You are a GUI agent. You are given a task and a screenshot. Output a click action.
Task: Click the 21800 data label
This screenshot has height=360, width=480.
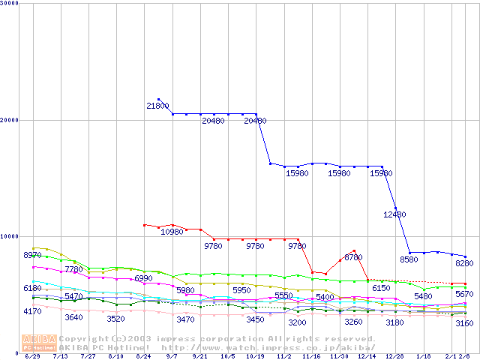pyautogui.click(x=157, y=106)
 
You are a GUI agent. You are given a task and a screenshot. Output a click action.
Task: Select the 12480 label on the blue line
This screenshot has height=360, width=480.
pyautogui.click(x=394, y=214)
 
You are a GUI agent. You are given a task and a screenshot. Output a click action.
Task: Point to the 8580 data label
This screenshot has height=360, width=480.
pyautogui.click(x=409, y=259)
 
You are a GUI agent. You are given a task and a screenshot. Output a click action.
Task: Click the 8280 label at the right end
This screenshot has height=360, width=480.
pyautogui.click(x=464, y=263)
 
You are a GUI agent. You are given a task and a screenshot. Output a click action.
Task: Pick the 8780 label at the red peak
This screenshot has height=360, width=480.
pyautogui.click(x=353, y=257)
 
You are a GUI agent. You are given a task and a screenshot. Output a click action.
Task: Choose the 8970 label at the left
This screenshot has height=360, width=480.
pyautogui.click(x=32, y=256)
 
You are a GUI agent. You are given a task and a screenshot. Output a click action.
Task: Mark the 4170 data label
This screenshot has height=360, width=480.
pyautogui.click(x=32, y=311)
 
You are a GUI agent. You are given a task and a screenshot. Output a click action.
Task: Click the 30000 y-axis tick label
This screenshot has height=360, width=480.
pyautogui.click(x=9, y=4)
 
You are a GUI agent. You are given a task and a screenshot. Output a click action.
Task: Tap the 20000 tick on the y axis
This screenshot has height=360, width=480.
pyautogui.click(x=9, y=120)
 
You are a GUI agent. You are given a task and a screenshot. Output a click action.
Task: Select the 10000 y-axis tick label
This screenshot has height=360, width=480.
pyautogui.click(x=9, y=236)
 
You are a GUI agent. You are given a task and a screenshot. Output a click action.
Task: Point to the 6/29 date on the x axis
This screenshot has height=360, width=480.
pyautogui.click(x=32, y=357)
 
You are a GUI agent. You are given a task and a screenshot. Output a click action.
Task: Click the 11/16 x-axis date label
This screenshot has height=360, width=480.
pyautogui.click(x=312, y=357)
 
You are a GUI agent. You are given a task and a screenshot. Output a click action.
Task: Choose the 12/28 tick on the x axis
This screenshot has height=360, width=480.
pyautogui.click(x=396, y=357)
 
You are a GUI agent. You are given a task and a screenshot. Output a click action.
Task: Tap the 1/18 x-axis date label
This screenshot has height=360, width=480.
pyautogui.click(x=424, y=357)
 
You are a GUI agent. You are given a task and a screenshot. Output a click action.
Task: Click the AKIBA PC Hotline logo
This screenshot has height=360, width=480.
pyautogui.click(x=39, y=343)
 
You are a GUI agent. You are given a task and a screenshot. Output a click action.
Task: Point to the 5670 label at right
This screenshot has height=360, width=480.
pyautogui.click(x=464, y=294)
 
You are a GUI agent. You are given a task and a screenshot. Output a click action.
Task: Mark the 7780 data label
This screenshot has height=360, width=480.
pyautogui.click(x=73, y=269)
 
